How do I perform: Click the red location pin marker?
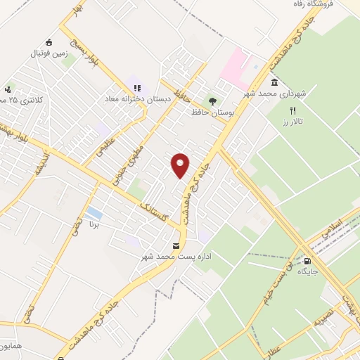181,165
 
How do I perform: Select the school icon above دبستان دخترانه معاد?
137,88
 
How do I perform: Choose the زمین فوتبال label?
49,53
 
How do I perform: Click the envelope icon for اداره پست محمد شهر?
176,246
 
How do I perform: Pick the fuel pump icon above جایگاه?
307,259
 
